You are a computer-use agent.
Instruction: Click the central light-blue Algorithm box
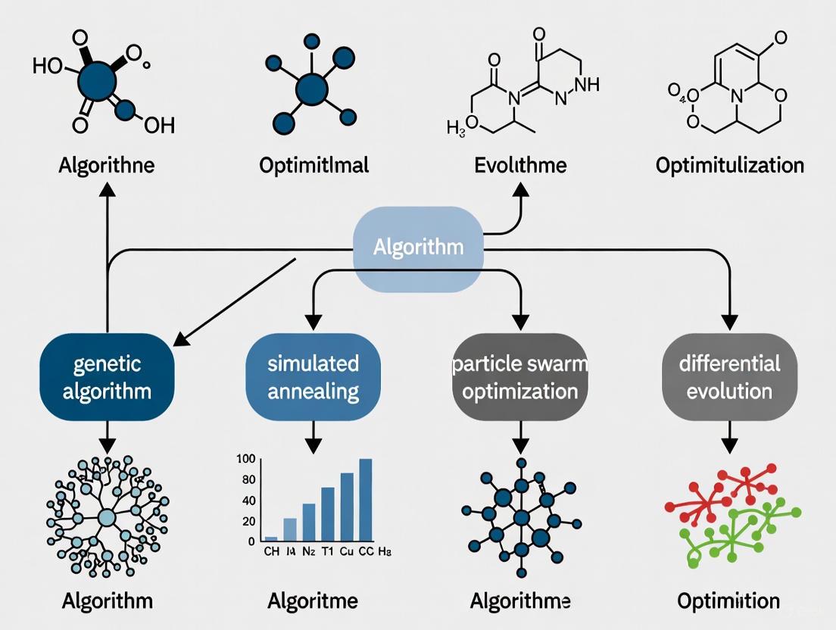click(x=418, y=248)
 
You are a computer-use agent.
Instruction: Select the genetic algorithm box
click(x=107, y=377)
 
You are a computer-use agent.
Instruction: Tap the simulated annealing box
click(x=313, y=377)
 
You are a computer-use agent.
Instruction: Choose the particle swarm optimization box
click(x=520, y=377)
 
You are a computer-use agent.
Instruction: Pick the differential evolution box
click(x=729, y=377)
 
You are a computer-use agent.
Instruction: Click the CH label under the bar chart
click(x=271, y=551)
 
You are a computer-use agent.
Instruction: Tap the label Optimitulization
click(x=729, y=164)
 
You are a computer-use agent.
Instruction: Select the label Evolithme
click(x=520, y=164)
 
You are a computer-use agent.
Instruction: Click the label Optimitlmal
click(x=313, y=164)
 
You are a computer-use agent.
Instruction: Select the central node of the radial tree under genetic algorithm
click(x=107, y=518)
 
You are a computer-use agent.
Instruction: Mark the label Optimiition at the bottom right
click(x=728, y=601)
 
